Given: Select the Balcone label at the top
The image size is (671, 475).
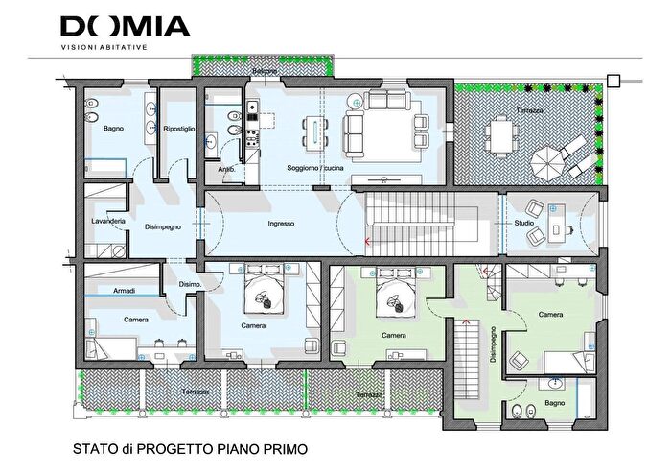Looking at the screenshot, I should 266,73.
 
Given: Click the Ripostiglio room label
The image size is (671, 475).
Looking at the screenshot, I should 179,128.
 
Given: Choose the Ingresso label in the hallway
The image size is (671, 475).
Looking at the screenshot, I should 281,224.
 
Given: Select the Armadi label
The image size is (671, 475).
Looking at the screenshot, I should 123,291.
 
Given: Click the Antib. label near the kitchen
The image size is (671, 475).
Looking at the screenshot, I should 226,169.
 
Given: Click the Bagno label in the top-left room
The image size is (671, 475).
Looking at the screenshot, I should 112,128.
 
